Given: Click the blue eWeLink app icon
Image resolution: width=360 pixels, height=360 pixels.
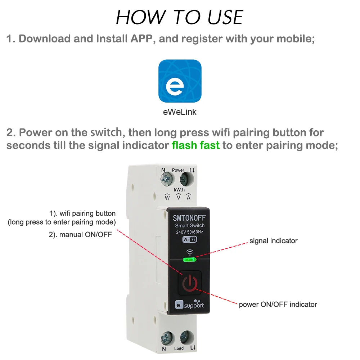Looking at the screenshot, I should point(180,81).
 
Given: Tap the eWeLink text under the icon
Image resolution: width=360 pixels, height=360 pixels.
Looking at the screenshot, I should point(180,112).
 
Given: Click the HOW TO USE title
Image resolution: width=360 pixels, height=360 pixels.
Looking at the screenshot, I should point(180,17).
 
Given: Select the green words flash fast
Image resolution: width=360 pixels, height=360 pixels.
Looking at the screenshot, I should point(195,146).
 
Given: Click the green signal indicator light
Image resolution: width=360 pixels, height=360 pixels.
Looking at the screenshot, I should point(189,259).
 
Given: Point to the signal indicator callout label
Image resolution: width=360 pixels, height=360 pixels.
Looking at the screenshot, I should point(273,240).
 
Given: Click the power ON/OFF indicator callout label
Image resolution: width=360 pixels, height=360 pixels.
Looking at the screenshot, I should point(278,305).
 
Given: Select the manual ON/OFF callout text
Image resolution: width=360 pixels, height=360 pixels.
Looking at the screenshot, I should point(80,235).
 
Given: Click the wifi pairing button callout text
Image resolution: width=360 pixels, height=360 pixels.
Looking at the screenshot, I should point(82,213).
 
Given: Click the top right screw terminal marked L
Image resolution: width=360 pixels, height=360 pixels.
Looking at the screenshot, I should point(186,178).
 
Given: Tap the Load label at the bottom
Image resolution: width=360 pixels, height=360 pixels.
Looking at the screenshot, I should point(179,348).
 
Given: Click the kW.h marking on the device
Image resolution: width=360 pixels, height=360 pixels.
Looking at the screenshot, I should point(179,189).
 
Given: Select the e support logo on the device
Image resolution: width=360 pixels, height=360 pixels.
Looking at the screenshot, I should point(189,305).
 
